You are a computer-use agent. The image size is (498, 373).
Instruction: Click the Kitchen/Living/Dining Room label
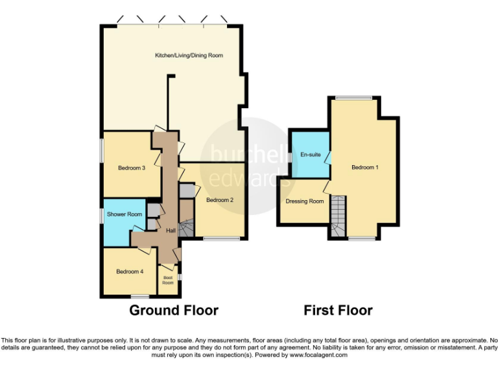189,56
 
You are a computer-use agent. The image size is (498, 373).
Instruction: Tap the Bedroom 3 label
131,168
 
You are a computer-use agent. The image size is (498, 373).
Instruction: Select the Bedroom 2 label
220,200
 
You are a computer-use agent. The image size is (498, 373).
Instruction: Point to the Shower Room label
124,214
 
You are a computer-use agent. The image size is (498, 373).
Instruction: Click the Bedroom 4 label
130,271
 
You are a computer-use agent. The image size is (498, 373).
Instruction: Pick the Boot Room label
168,280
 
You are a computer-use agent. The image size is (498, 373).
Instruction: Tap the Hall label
171,231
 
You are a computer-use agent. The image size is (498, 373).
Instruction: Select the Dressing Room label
305,201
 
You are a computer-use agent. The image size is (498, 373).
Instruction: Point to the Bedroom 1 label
364,167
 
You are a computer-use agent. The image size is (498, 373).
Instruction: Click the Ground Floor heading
174,311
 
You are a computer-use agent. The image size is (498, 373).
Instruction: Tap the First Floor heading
338,311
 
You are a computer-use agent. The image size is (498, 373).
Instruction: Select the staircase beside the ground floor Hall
187,228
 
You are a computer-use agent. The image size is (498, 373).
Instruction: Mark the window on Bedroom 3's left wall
101,149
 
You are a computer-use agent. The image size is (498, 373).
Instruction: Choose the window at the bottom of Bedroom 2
220,239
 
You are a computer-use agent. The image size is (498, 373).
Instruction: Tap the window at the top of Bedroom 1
353,98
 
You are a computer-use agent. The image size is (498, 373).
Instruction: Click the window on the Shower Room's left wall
101,215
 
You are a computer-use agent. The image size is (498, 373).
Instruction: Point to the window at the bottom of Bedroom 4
141,297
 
